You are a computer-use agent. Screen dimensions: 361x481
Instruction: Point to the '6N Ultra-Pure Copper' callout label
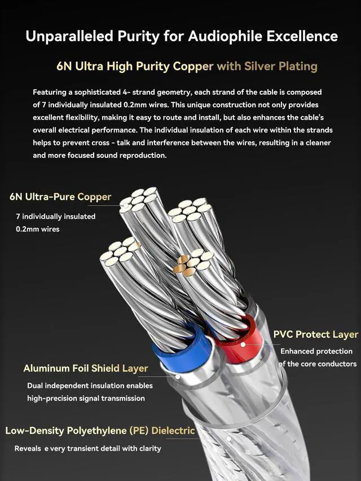pyautogui.click(x=60, y=197)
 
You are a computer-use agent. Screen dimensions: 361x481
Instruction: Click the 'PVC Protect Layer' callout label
pyautogui.click(x=315, y=334)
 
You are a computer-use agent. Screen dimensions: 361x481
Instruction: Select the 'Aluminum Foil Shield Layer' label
pyautogui.click(x=86, y=368)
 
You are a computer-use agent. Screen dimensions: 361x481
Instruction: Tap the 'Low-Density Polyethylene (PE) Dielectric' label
pyautogui.click(x=100, y=431)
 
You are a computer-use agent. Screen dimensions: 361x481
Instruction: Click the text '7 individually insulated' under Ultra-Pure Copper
pyautogui.click(x=55, y=216)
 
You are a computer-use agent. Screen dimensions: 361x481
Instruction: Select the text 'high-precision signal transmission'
pyautogui.click(x=86, y=398)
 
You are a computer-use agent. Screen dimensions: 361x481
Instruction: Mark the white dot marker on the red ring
pyautogui.click(x=243, y=344)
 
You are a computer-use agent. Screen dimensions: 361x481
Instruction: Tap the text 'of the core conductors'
pyautogui.click(x=318, y=364)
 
